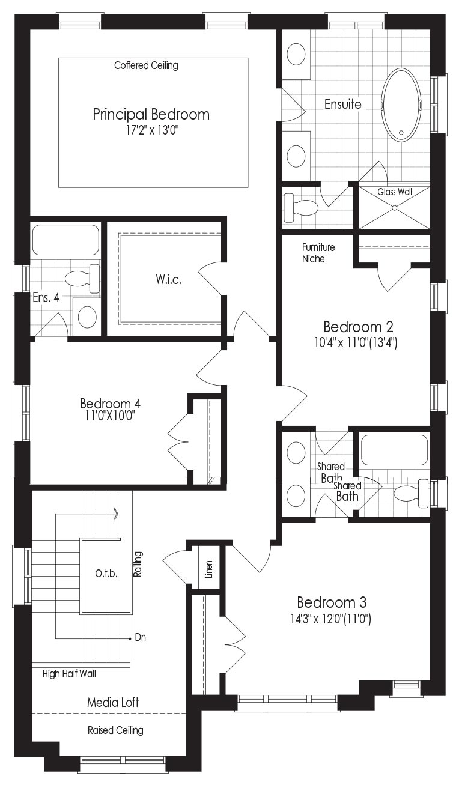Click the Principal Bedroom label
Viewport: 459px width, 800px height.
(151, 115)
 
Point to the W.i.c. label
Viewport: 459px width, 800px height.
(169, 279)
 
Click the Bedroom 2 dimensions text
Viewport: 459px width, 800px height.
(356, 343)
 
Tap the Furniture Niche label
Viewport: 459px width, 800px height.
(318, 253)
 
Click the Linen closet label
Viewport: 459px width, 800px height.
(209, 569)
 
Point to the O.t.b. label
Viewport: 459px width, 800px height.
(106, 574)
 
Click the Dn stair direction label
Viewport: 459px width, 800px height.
(141, 637)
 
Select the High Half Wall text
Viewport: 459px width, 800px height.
(69, 674)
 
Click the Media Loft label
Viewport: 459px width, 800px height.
(113, 702)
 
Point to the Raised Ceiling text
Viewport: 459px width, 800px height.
(116, 730)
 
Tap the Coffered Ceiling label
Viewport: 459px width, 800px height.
(146, 65)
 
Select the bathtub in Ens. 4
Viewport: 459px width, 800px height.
(65, 240)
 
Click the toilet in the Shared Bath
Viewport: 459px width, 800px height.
(411, 492)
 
